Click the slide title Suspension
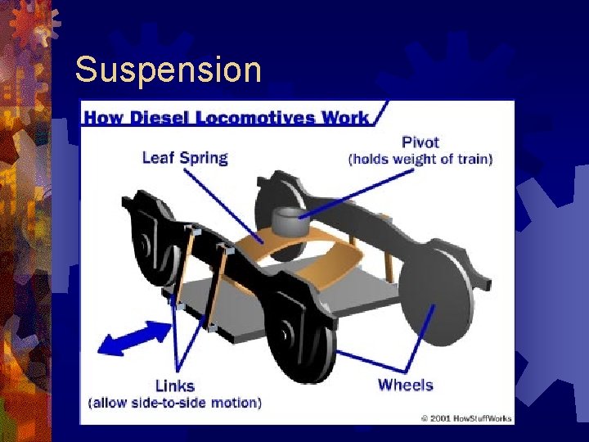pyautogui.click(x=168, y=70)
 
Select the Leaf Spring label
pyautogui.click(x=184, y=157)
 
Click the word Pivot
pyautogui.click(x=420, y=142)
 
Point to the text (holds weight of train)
pyautogui.click(x=420, y=159)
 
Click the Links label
pyautogui.click(x=174, y=386)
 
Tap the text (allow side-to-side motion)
pyautogui.click(x=174, y=403)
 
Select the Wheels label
pyautogui.click(x=405, y=384)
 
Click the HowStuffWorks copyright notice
pyautogui.click(x=466, y=418)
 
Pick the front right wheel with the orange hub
pyautogui.click(x=299, y=344)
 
